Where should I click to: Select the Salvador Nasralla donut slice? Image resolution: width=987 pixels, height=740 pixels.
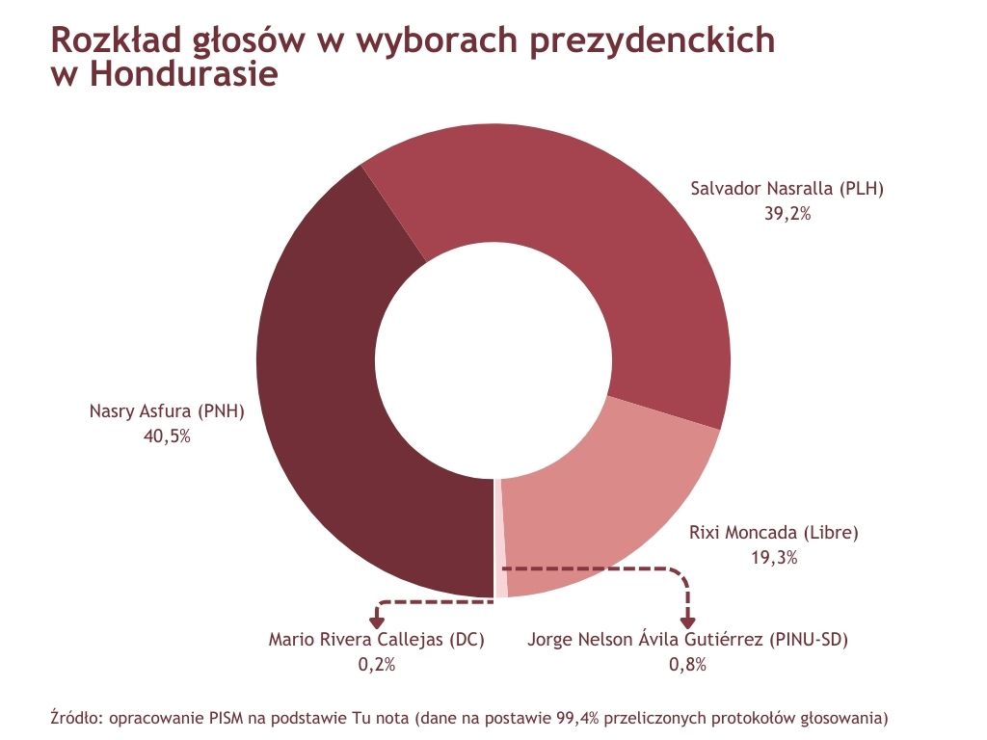pos(578,222)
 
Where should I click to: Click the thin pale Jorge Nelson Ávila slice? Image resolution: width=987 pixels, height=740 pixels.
pos(500,540)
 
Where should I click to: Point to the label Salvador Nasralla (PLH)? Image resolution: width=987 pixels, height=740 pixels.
pos(787,188)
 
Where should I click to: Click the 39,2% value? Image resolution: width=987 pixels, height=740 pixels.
pos(787,214)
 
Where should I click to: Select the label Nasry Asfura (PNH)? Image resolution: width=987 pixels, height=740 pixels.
pos(167,410)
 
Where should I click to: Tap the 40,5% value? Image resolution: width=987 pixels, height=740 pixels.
pos(167,436)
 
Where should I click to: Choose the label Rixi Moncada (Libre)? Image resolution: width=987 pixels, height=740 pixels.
pos(774,532)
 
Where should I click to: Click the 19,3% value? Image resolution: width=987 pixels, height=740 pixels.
pos(774,557)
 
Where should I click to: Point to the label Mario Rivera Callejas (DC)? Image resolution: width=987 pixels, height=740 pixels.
pos(376,639)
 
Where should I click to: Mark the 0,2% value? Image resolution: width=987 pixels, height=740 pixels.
pos(376,664)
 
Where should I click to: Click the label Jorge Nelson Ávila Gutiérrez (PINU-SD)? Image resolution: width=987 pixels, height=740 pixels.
pos(688,639)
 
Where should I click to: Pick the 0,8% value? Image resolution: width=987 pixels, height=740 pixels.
pos(688,664)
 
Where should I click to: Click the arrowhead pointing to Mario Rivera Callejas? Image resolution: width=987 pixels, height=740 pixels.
pos(377,622)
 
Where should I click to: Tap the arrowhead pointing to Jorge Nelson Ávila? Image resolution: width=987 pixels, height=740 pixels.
pos(688,622)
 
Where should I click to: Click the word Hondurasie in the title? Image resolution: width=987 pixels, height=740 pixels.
pos(183,74)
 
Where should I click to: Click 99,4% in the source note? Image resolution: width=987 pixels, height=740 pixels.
pos(579,718)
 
